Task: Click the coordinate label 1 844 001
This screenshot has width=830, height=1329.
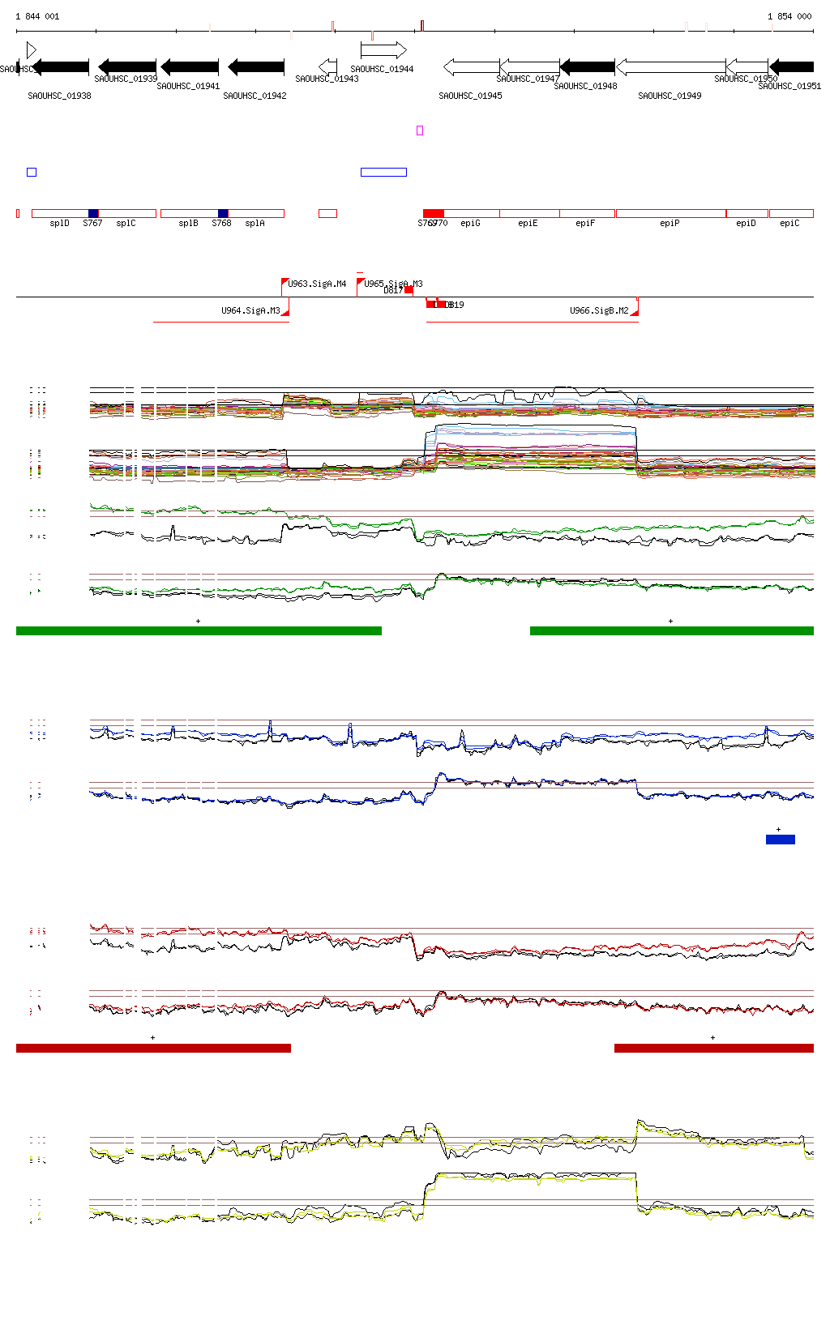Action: [x=37, y=16]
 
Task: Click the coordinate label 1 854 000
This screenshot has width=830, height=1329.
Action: [x=789, y=16]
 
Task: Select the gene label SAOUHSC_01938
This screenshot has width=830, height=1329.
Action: [x=59, y=96]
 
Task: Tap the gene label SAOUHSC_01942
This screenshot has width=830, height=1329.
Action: [x=255, y=96]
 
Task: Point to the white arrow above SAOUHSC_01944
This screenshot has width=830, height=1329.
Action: [x=383, y=50]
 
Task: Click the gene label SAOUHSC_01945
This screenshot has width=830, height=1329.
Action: [x=470, y=96]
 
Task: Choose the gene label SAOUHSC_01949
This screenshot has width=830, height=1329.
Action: [x=670, y=96]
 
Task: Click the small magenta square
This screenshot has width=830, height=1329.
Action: [x=420, y=130]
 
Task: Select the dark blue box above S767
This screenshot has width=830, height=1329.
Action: [x=93, y=213]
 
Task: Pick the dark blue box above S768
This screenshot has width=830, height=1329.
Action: [x=223, y=213]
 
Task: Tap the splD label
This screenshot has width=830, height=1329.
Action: [x=59, y=223]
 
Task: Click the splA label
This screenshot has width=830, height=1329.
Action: [x=255, y=223]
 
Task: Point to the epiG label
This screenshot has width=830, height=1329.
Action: [x=470, y=223]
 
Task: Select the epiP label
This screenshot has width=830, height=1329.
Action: [x=670, y=223]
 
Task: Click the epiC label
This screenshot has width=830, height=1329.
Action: [x=789, y=223]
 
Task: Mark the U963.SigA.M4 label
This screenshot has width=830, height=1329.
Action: [x=317, y=284]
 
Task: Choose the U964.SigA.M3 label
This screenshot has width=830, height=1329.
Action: [x=250, y=310]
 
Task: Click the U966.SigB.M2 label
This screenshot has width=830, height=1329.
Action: [x=599, y=310]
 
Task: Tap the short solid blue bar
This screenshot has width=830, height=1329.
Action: [x=780, y=840]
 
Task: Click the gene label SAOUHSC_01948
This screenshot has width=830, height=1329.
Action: [x=585, y=86]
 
